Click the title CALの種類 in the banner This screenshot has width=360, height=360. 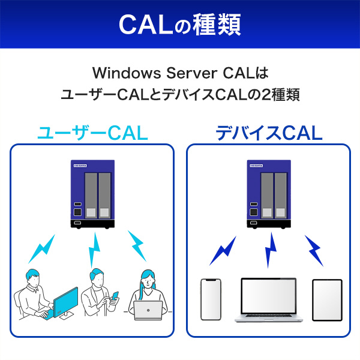(x=179, y=24)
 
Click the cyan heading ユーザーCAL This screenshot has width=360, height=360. (x=92, y=133)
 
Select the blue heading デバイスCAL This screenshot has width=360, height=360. (x=269, y=133)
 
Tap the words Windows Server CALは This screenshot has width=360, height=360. (x=179, y=74)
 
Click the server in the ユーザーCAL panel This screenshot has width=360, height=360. (x=92, y=193)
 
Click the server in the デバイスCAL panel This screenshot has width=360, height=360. (x=269, y=193)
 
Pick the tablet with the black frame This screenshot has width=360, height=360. (x=327, y=299)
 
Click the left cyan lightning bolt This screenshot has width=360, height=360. (x=43, y=251)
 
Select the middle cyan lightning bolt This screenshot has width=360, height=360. (x=94, y=250)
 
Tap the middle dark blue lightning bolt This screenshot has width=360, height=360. (x=270, y=250)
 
